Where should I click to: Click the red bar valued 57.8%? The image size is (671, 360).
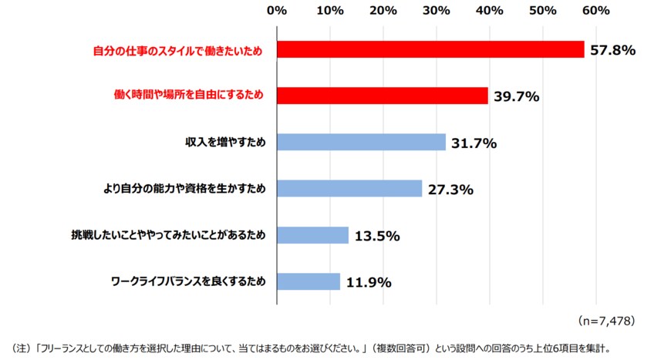coord(430,49)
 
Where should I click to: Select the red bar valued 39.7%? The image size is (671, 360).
coord(382,96)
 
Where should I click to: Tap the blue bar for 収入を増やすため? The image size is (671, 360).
coord(361,143)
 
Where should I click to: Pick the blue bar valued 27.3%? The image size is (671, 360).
coord(349,189)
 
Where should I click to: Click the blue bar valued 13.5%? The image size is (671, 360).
coord(312,235)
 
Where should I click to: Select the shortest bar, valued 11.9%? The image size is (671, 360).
coord(309,281)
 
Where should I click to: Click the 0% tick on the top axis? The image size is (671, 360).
coord(276,11)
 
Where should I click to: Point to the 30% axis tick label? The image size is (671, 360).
coord(437,11)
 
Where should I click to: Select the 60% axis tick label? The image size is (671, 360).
coord(596,11)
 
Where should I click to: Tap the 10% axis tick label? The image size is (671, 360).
coord(330,11)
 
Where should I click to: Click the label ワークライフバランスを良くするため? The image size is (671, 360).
coord(189,281)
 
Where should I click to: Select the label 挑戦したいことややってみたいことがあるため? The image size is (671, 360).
coord(169,235)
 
